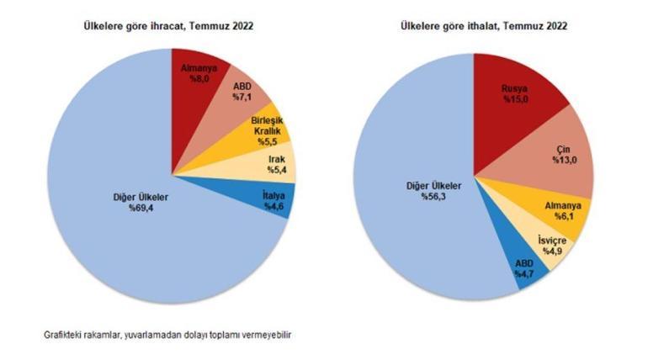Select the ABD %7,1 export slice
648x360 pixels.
pyautogui.click(x=246, y=93)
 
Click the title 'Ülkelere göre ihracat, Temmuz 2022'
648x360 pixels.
pyautogui.click(x=168, y=26)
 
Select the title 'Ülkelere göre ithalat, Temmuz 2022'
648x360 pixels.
pyautogui.click(x=483, y=26)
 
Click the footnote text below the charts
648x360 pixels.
pyautogui.click(x=168, y=335)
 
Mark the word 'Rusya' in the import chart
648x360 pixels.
pyautogui.click(x=515, y=87)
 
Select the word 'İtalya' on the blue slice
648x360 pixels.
pyautogui.click(x=269, y=195)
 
